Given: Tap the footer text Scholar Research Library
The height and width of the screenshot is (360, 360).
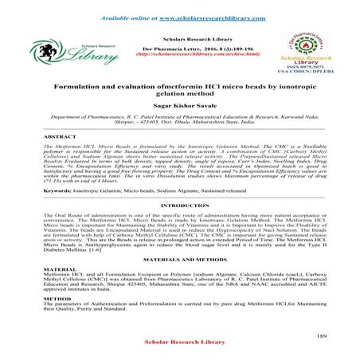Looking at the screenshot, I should [179, 350].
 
